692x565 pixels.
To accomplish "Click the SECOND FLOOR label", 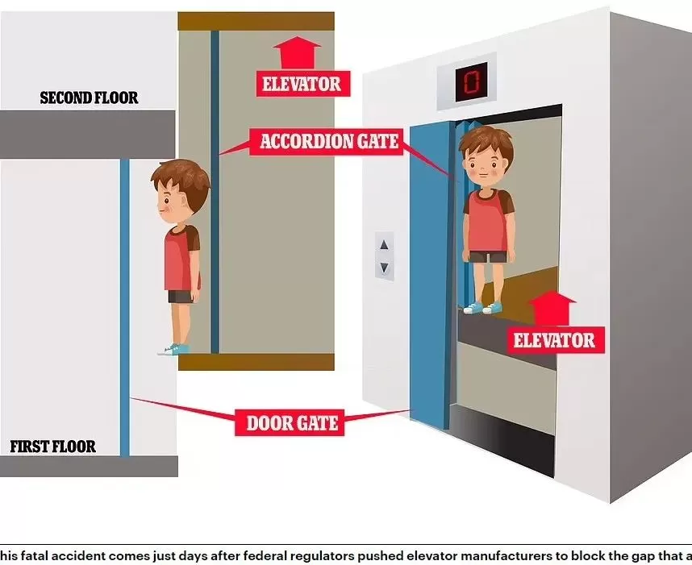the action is (89, 98).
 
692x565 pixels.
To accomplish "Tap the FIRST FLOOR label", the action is (52, 447).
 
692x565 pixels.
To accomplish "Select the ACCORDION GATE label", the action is (329, 142).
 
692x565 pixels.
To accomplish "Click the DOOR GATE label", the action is (292, 423).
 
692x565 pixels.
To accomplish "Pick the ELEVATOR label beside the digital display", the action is (302, 84).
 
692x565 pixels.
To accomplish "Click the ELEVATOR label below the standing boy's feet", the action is (554, 340).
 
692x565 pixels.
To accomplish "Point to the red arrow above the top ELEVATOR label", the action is (297, 53).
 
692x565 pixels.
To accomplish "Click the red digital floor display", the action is (471, 81).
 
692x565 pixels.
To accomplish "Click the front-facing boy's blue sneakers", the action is (482, 307).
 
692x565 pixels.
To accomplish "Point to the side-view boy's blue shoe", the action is (174, 350).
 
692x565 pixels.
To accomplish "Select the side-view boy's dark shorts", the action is (181, 297).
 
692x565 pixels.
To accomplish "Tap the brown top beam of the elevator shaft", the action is (256, 22).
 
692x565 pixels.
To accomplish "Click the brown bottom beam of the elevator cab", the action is (256, 362).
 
